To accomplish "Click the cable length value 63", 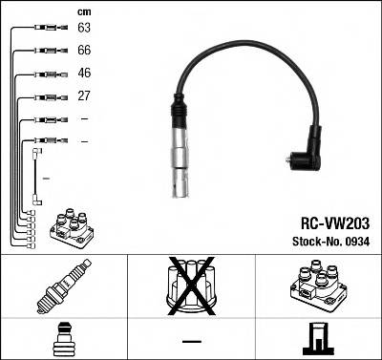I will pos(84,29).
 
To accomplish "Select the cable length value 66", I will pos(84,51).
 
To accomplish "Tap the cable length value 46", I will pos(84,74).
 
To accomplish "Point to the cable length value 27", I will pos(84,96).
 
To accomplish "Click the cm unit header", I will pos(84,11).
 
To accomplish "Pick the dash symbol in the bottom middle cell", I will pos(191,340).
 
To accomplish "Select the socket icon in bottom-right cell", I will pos(317,338).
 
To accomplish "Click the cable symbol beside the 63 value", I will pos(47,29).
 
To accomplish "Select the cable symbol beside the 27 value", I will pos(47,96).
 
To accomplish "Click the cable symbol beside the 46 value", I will pos(47,74).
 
